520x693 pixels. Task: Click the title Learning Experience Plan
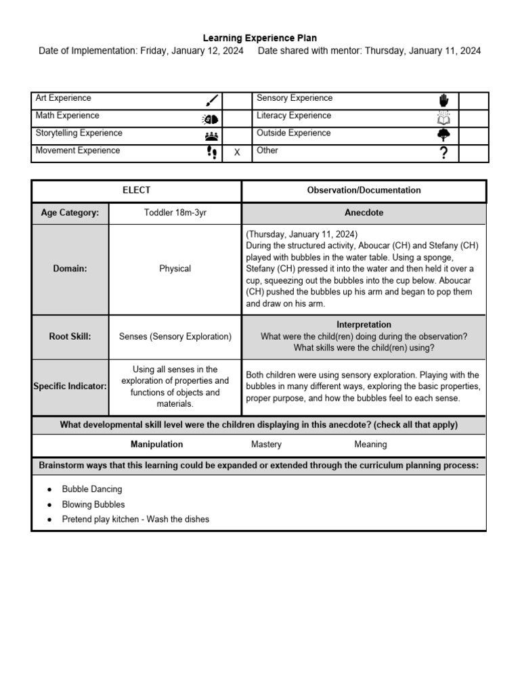(260, 39)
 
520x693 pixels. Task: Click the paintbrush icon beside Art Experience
(211, 101)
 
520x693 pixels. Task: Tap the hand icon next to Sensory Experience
(443, 101)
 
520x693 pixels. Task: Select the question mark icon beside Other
(443, 153)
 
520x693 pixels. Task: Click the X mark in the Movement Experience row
(237, 153)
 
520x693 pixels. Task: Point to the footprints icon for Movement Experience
(211, 152)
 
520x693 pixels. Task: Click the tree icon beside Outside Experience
(443, 135)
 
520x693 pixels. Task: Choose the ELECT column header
(137, 190)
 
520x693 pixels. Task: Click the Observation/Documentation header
(364, 190)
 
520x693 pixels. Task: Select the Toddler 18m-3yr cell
(175, 213)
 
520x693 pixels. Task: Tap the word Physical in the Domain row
(175, 269)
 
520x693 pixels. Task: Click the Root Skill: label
(70, 336)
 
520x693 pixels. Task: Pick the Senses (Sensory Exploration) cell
(175, 336)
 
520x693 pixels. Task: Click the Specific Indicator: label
(70, 386)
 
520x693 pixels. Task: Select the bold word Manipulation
(156, 445)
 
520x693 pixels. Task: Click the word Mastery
(266, 445)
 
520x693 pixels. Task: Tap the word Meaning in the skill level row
(370, 445)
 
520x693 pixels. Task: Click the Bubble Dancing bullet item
(92, 489)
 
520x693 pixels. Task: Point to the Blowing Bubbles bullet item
(93, 504)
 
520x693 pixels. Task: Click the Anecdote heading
(364, 213)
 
